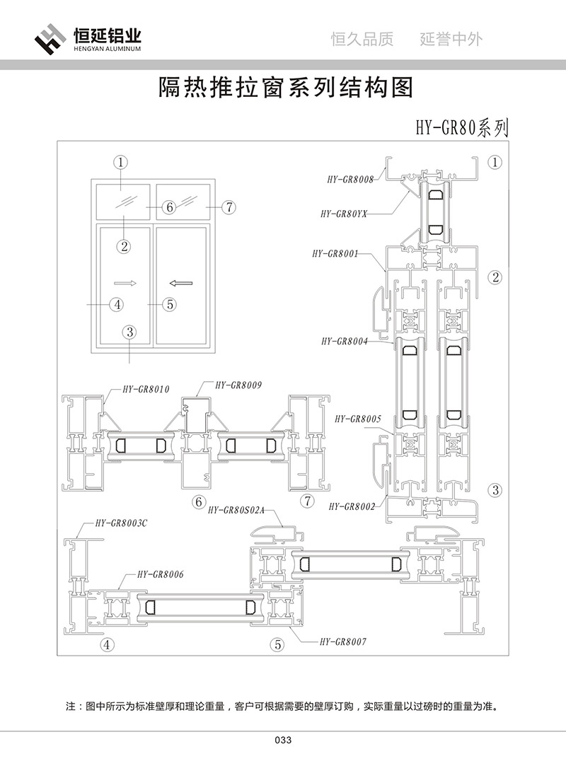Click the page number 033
(282, 740)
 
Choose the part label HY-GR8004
(344, 341)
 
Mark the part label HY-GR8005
(358, 419)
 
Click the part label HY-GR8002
(353, 506)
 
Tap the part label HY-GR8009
(238, 385)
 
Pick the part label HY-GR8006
(160, 575)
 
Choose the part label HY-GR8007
(343, 641)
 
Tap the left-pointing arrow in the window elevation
(182, 283)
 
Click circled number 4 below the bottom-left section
(107, 644)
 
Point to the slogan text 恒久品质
(362, 40)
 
